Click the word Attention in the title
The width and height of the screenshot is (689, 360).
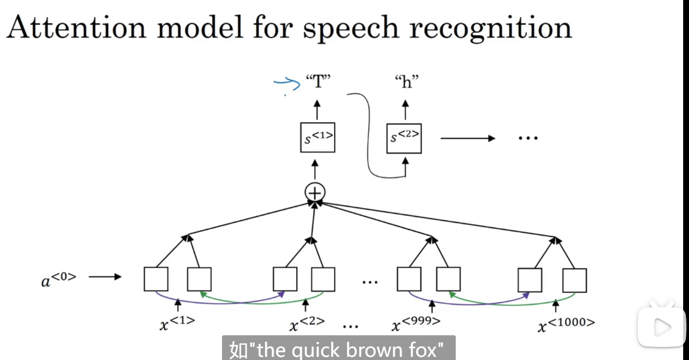[76, 28]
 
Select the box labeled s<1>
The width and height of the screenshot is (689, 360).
[318, 137]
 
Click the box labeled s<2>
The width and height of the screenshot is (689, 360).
[404, 138]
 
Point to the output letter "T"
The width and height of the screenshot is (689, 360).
[318, 82]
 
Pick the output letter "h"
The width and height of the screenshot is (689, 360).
[406, 82]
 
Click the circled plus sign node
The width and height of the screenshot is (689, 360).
[315, 193]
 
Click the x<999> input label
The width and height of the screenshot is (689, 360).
[416, 324]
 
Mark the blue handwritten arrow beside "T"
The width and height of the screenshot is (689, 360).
[287, 84]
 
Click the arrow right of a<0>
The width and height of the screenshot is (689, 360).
[105, 277]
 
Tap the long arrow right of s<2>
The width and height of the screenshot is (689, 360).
[467, 138]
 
